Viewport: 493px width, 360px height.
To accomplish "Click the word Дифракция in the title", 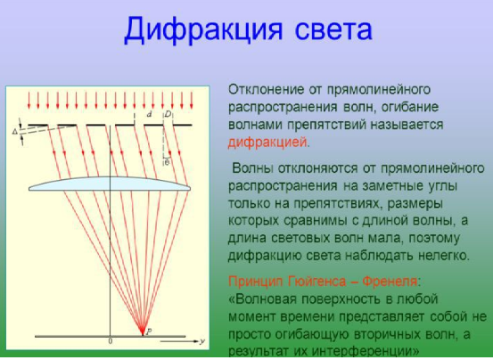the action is click(203, 30).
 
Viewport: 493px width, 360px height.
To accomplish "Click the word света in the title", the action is click(333, 30).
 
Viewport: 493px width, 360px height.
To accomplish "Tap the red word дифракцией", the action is click(267, 143).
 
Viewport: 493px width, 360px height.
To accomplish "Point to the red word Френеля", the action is click(390, 282).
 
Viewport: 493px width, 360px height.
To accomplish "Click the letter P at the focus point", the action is click(149, 331).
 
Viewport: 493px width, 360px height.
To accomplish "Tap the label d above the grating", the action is click(150, 114).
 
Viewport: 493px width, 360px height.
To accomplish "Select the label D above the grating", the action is click(168, 114).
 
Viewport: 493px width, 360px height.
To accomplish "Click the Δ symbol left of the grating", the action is click(15, 132).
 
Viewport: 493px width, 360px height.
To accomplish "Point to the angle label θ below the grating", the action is click(167, 162).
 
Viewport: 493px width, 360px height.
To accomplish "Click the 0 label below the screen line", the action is click(110, 341).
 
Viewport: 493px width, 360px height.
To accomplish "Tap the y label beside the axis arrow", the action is click(202, 341).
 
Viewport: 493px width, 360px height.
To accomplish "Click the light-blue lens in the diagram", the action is click(110, 184).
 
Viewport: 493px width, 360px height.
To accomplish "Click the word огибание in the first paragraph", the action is click(410, 108).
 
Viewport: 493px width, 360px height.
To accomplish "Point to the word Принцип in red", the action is click(255, 282).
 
